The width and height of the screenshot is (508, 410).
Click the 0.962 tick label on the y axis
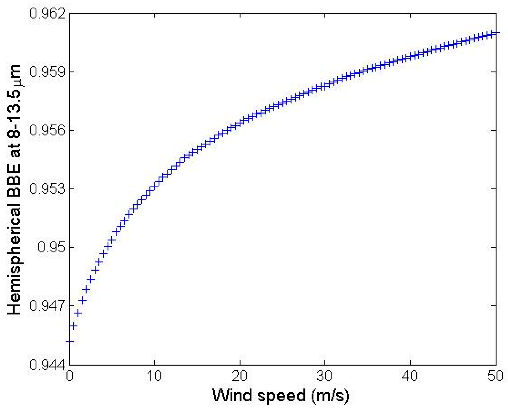click(47, 13)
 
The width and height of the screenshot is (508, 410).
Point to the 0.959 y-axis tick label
click(47, 72)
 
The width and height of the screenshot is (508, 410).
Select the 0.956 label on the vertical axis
click(47, 130)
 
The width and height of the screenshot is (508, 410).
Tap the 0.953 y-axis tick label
click(47, 189)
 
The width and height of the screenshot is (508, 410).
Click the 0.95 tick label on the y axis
click(51, 247)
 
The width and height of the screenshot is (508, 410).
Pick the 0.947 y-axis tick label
click(47, 306)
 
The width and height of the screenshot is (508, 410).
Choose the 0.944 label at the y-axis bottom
click(47, 365)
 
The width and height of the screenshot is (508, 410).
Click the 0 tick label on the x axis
click(69, 376)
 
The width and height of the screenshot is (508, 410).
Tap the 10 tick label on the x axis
click(154, 376)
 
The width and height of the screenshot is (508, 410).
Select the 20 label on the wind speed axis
click(240, 376)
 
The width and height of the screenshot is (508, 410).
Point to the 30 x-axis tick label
click(325, 376)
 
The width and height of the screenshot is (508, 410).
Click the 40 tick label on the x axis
click(410, 376)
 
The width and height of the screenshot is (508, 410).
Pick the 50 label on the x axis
click(495, 376)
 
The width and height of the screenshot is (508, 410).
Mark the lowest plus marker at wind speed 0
click(69, 341)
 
